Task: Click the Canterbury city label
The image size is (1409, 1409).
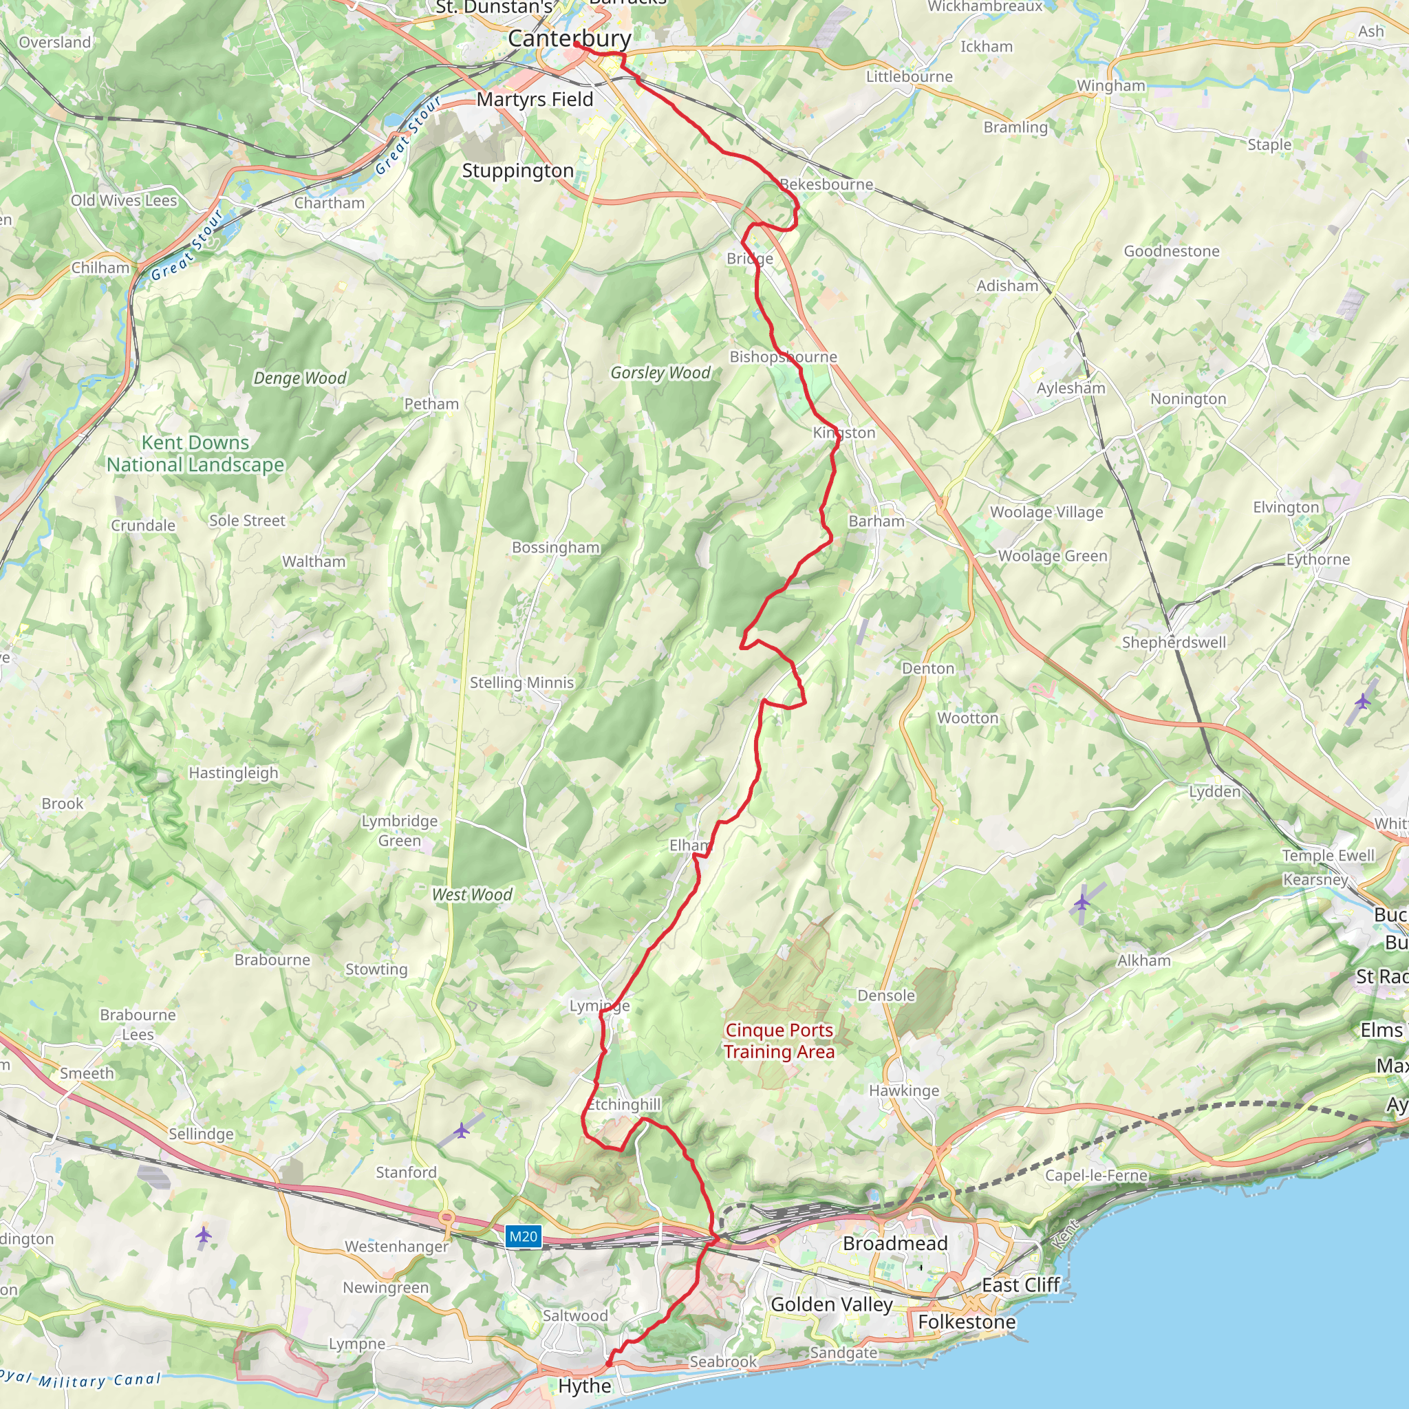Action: pyautogui.click(x=570, y=39)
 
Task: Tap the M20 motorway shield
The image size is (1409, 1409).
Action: pyautogui.click(x=523, y=1236)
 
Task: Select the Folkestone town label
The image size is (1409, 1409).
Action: pyautogui.click(x=967, y=1322)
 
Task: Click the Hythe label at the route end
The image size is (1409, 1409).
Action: pyautogui.click(x=584, y=1386)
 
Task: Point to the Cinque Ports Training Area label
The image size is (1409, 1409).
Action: pyautogui.click(x=779, y=1041)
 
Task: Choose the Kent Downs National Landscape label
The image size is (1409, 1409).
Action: pyautogui.click(x=195, y=453)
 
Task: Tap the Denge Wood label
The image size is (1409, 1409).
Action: pyautogui.click(x=300, y=378)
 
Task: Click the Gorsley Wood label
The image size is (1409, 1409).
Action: pyautogui.click(x=660, y=373)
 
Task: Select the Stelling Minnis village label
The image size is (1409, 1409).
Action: pyautogui.click(x=521, y=682)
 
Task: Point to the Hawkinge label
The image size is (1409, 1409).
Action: pyautogui.click(x=903, y=1090)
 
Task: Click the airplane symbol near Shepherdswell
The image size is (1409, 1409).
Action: pyautogui.click(x=1362, y=702)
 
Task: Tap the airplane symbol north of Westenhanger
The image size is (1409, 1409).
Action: pyautogui.click(x=462, y=1130)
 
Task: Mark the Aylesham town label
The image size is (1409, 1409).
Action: pyautogui.click(x=1071, y=388)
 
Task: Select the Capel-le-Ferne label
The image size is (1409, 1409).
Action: pyautogui.click(x=1096, y=1175)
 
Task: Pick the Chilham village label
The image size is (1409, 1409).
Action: pyautogui.click(x=100, y=268)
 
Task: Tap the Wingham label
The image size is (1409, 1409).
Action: pyautogui.click(x=1110, y=85)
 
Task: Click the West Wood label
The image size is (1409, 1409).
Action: pyautogui.click(x=472, y=895)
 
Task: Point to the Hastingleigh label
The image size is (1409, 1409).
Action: pyautogui.click(x=233, y=773)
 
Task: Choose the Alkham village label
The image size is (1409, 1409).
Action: pyautogui.click(x=1143, y=960)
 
